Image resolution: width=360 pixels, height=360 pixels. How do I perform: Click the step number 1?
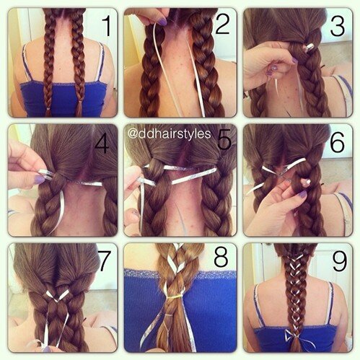click(x=105, y=27)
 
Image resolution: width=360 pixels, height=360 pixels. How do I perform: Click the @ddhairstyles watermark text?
click(x=170, y=133)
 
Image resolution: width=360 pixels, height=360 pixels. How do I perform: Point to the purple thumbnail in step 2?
click(x=163, y=22)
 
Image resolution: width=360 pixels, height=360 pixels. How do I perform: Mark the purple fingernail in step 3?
click(x=272, y=72)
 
